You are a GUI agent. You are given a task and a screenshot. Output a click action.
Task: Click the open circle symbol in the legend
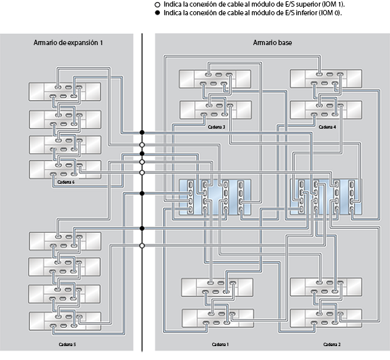point(157,4)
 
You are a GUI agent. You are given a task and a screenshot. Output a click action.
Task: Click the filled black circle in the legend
point(157,13)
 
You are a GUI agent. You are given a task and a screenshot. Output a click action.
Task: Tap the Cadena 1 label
point(220,345)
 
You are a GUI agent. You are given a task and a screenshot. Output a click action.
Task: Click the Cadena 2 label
point(332,345)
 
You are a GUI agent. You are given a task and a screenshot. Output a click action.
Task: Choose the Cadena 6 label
point(66,182)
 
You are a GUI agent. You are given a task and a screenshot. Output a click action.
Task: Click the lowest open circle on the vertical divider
point(142,245)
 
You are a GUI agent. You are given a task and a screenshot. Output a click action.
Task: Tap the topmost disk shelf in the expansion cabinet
point(65,91)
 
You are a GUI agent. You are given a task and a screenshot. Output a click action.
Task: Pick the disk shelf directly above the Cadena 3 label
point(216,109)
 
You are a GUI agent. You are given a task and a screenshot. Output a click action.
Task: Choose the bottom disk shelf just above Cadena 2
point(326,317)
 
